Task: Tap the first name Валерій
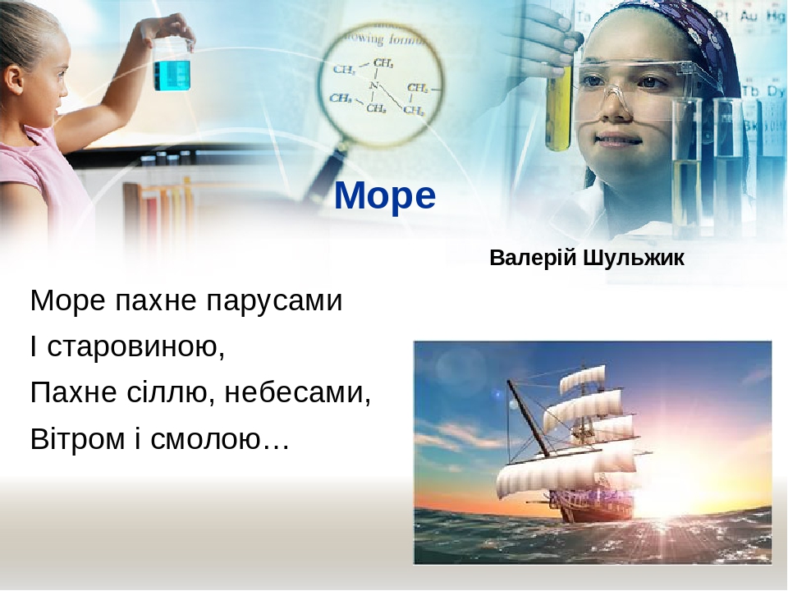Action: tap(534, 259)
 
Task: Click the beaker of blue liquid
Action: tap(172, 71)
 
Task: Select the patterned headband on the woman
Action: tap(689, 33)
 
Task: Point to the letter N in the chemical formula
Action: tap(373, 85)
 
